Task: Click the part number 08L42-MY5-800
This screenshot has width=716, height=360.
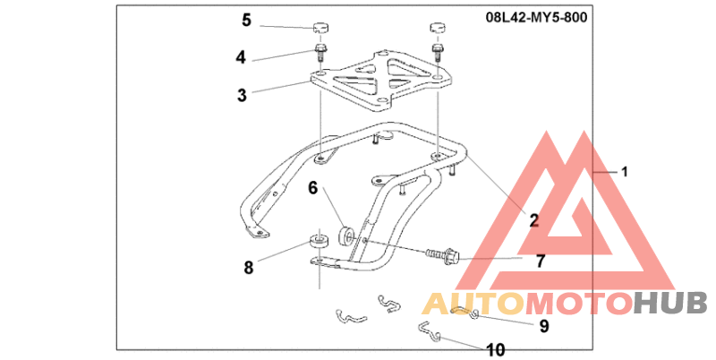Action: pyautogui.click(x=537, y=18)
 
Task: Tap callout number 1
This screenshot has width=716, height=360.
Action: pyautogui.click(x=626, y=170)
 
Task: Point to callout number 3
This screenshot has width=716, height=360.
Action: pyautogui.click(x=242, y=94)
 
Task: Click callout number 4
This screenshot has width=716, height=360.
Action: pyautogui.click(x=241, y=57)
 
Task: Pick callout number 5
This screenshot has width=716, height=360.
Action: pyautogui.click(x=246, y=19)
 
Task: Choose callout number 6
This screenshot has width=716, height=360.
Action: pyautogui.click(x=313, y=188)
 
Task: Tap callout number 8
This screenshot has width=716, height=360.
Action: pyautogui.click(x=248, y=267)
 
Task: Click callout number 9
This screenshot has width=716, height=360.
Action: pyautogui.click(x=543, y=326)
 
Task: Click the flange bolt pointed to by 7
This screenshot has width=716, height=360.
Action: pyautogui.click(x=445, y=256)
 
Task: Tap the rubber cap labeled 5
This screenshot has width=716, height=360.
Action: pyautogui.click(x=320, y=28)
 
